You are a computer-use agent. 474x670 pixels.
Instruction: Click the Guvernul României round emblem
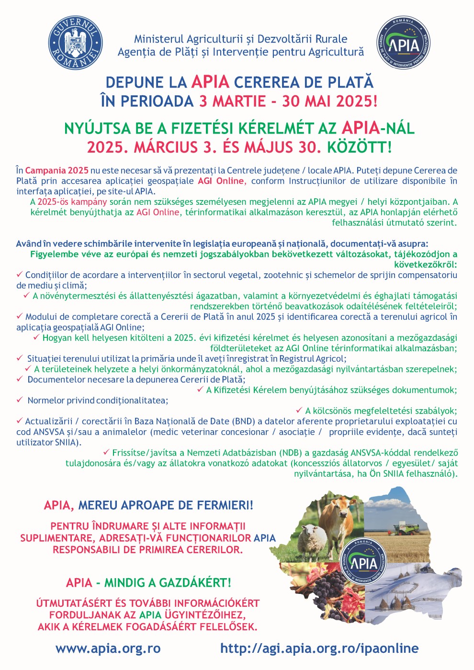76,42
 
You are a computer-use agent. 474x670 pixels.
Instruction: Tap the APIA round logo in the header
403,42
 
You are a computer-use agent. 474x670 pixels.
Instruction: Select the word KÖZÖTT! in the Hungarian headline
359,147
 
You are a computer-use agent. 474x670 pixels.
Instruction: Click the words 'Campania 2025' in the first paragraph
56,170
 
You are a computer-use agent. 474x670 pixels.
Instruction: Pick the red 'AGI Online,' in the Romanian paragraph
221,181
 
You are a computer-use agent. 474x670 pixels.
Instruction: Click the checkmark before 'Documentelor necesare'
20,379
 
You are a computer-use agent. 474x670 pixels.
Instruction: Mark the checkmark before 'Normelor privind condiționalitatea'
20,400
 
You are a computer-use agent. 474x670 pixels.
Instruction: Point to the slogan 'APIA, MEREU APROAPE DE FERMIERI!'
148,505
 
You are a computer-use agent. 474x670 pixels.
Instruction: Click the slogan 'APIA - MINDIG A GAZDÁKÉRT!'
148,582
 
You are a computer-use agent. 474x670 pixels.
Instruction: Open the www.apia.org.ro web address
108,648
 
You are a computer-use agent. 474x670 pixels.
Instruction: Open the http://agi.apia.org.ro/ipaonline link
319,648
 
